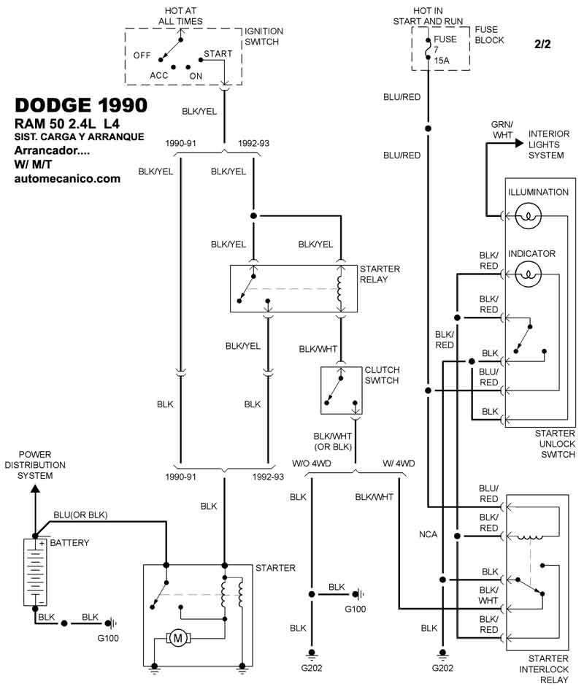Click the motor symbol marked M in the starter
pyautogui.click(x=178, y=639)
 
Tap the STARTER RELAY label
pyautogui.click(x=380, y=274)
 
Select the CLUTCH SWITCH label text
pyautogui.click(x=382, y=375)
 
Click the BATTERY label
pyautogui.click(x=69, y=543)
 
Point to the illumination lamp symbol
pyautogui.click(x=528, y=215)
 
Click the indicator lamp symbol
pyautogui.click(x=528, y=274)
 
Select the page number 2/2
pyautogui.click(x=542, y=45)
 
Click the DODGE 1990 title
pyautogui.click(x=81, y=105)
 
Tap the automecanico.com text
pyautogui.click(x=67, y=177)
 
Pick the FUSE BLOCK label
pyautogui.click(x=489, y=35)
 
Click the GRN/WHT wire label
pyautogui.click(x=502, y=130)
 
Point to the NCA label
pyautogui.click(x=429, y=535)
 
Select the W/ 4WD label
pyautogui.click(x=399, y=464)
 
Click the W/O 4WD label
pyautogui.click(x=311, y=464)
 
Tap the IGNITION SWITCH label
pyautogui.click(x=264, y=37)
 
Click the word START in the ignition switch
pyautogui.click(x=218, y=54)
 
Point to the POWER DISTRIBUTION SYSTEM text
pyautogui.click(x=35, y=465)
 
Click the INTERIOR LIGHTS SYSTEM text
pyautogui.click(x=549, y=145)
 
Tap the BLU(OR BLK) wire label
pyautogui.click(x=80, y=515)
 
